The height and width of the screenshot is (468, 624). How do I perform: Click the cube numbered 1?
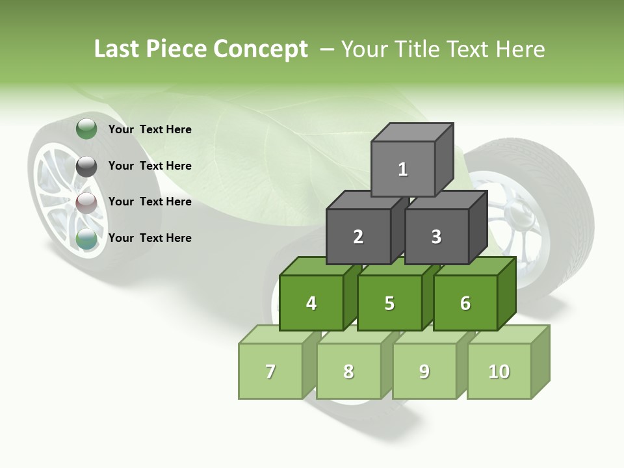click(403, 169)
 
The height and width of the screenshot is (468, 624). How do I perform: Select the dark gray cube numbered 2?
click(358, 237)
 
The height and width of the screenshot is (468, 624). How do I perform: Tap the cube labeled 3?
click(436, 237)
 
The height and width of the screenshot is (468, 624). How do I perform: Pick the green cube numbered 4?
click(311, 303)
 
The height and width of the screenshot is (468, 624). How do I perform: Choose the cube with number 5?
click(389, 303)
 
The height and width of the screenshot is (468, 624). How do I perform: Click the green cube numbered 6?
click(465, 303)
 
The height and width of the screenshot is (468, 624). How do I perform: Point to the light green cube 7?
click(270, 371)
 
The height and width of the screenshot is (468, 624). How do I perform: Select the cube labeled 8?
click(348, 371)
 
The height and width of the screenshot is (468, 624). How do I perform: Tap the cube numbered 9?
click(424, 371)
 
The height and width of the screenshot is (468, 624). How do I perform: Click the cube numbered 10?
click(499, 371)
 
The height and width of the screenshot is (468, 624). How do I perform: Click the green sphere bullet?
click(86, 129)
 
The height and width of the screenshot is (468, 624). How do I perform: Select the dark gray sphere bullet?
click(86, 166)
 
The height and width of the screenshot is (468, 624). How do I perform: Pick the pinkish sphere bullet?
click(86, 202)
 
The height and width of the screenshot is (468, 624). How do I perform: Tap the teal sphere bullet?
click(86, 238)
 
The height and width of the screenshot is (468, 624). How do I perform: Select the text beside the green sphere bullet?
click(150, 129)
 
